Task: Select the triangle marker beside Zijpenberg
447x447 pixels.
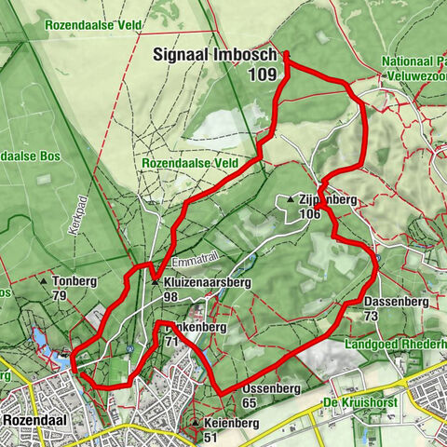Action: pos(291,199)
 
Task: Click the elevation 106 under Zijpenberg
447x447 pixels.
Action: pos(311,214)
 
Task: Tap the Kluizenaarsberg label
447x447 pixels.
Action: pos(202,282)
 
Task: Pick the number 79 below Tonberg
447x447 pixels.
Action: pos(60,296)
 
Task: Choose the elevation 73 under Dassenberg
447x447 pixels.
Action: pos(371,317)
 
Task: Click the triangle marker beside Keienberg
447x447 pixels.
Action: pos(194,422)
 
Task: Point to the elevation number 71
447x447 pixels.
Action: pos(170,343)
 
